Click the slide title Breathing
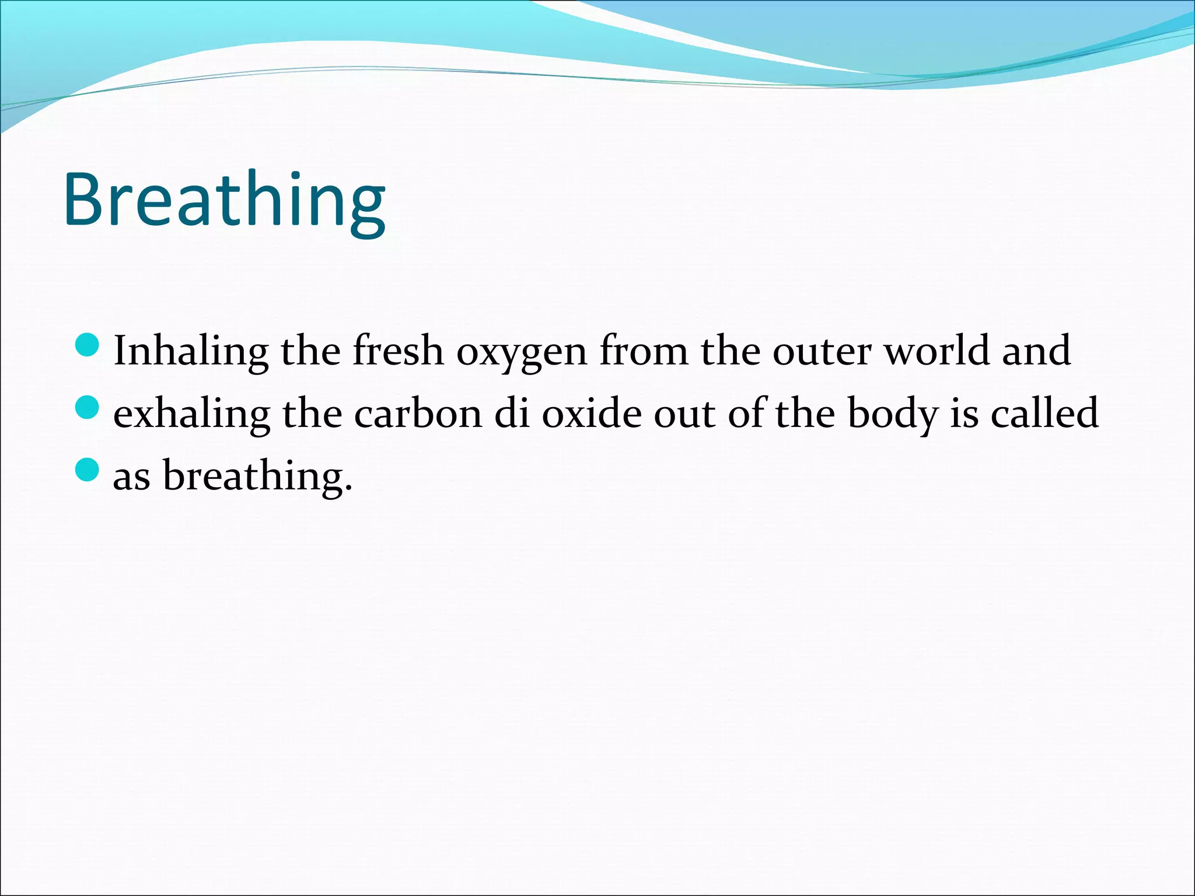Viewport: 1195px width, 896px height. [224, 201]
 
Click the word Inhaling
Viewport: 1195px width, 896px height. [191, 351]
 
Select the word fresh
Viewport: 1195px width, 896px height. [398, 351]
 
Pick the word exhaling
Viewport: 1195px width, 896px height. [191, 414]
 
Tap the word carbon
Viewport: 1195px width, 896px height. [418, 414]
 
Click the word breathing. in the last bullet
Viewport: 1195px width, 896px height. [257, 476]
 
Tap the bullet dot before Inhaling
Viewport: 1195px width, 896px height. [88, 345]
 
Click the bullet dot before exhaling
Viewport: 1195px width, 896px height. [88, 407]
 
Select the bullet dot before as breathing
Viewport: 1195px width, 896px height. [88, 469]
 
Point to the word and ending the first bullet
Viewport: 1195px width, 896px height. [1036, 351]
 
